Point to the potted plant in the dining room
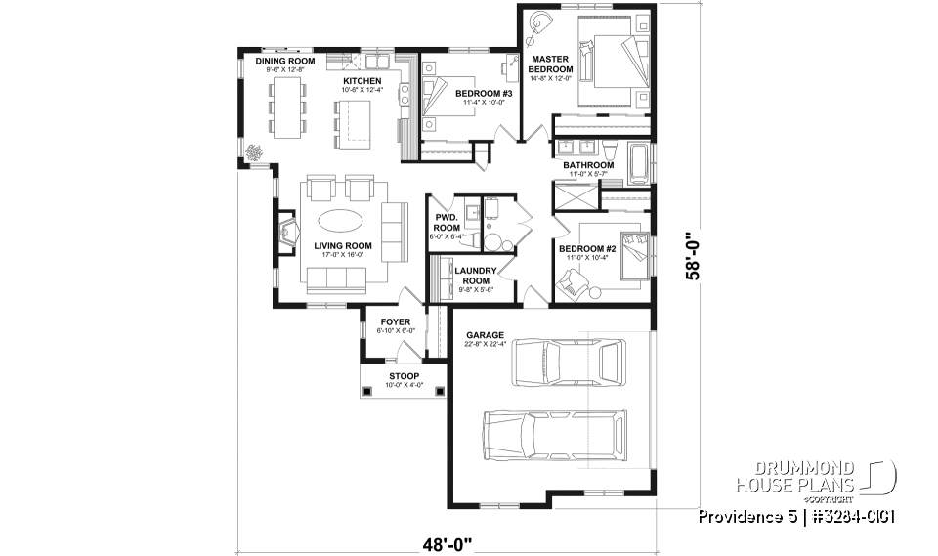pos(256,152)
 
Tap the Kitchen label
pos(362,80)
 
